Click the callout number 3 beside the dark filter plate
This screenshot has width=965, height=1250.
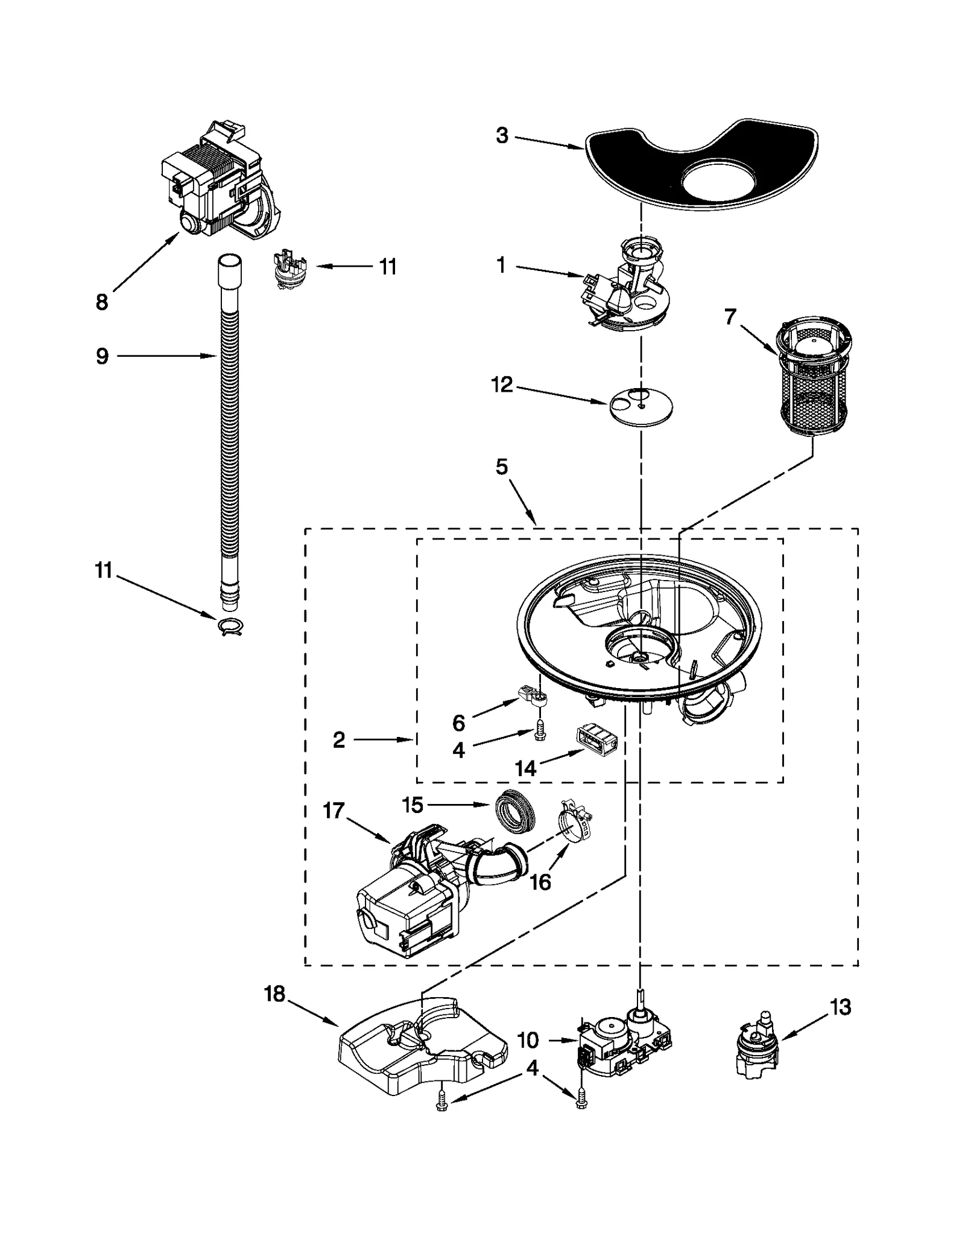point(502,136)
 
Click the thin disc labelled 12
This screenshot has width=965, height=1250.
point(641,408)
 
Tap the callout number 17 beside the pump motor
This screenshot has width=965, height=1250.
point(333,811)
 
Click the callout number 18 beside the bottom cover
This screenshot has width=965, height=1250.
point(274,994)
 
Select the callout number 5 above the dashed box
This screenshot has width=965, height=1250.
point(502,467)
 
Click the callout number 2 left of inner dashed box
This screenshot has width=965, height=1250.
point(339,739)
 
